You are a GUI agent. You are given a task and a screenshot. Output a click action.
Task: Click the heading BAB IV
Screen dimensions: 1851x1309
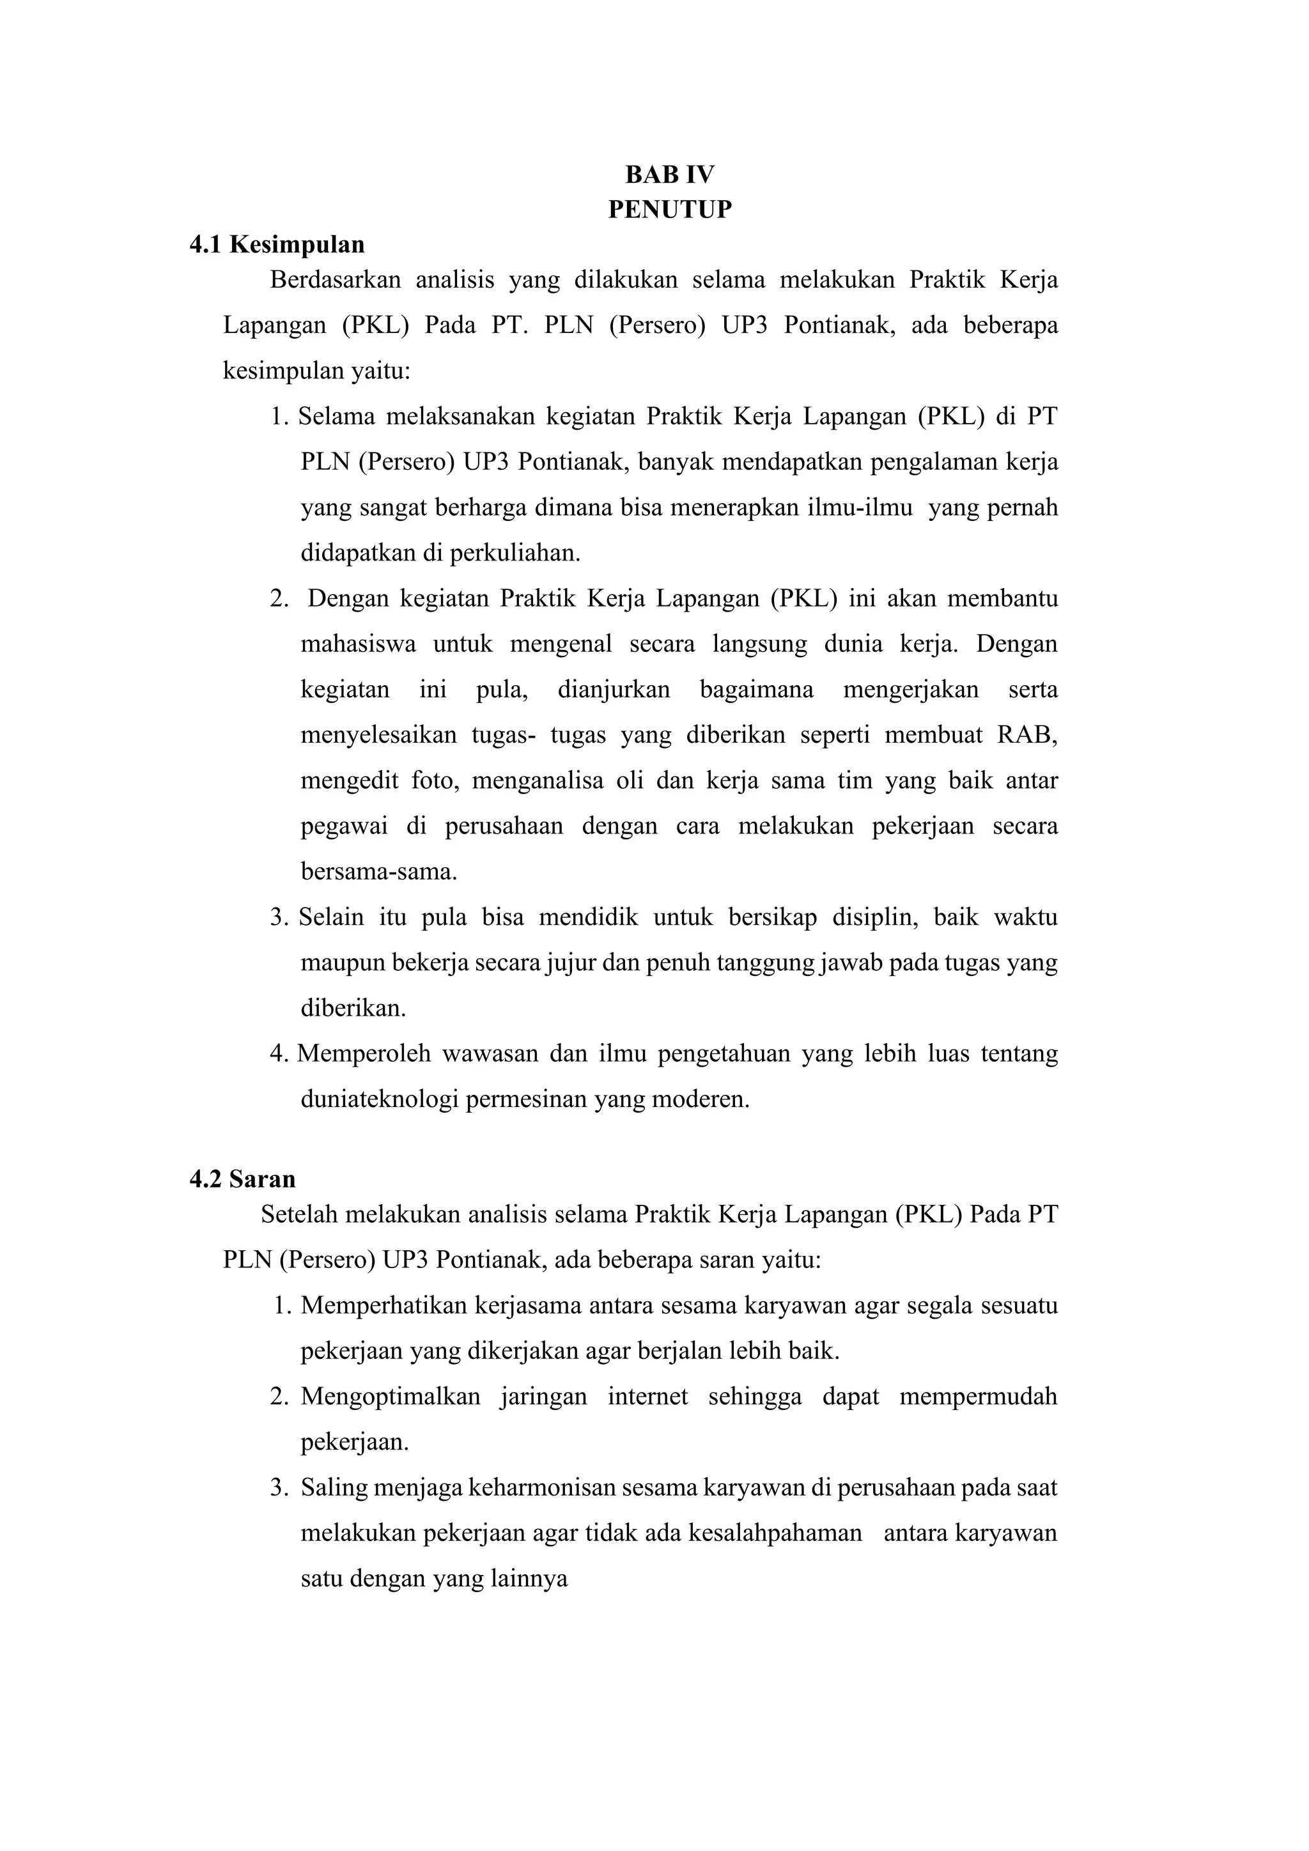(670, 175)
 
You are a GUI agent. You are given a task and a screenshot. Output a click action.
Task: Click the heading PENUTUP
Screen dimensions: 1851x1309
(670, 210)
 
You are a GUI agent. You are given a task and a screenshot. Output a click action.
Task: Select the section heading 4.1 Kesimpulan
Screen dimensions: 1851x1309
(277, 244)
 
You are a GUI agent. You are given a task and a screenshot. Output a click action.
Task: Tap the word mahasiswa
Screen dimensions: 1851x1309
(359, 644)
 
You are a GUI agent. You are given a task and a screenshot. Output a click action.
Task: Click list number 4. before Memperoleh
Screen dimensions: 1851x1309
(279, 1055)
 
